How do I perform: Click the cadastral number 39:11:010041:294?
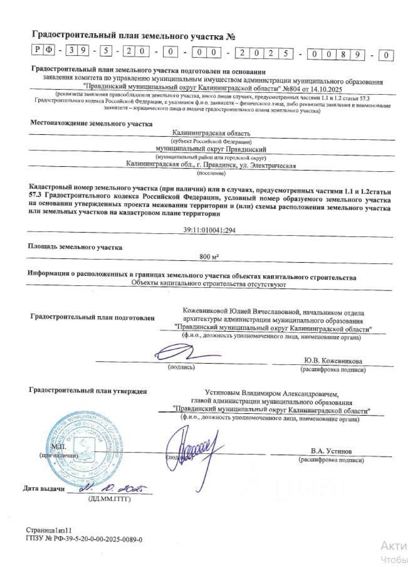(204, 231)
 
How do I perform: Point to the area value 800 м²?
(207, 257)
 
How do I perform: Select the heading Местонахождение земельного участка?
(91, 124)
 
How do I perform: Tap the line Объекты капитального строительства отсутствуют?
(208, 285)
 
